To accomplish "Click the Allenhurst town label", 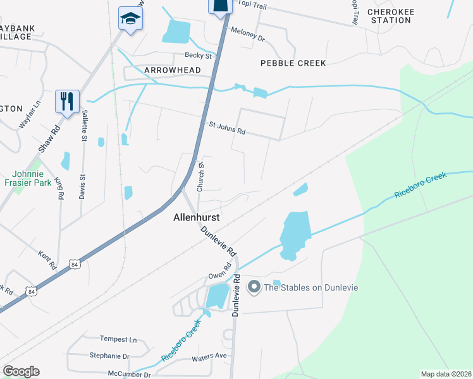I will pos(197,217).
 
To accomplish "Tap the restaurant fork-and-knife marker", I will pos(67,100).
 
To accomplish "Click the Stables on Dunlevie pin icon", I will pos(254,287).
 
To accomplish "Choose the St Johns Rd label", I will pos(227,128).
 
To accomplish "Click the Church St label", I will pos(202,177).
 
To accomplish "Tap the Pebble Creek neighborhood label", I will pos(293,63).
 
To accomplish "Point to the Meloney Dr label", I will pos(247,34).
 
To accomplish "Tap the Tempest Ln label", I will pos(118,339).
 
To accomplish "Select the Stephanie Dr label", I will pos(109,356).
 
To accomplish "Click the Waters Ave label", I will pos(209,356).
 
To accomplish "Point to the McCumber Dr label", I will pos(129,375).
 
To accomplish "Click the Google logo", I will pos(21,371).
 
